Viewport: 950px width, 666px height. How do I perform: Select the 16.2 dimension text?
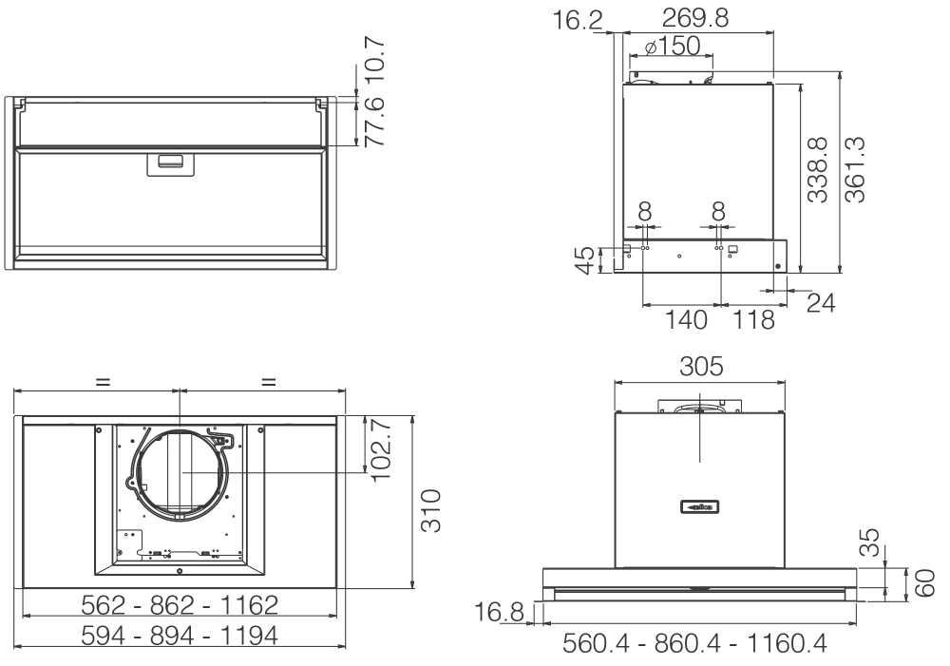(578, 21)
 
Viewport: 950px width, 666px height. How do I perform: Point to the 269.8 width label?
(695, 18)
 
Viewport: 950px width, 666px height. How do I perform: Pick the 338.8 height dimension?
(817, 169)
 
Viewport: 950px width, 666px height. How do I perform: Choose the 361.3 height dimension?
(856, 169)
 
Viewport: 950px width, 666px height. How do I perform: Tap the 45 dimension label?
(585, 260)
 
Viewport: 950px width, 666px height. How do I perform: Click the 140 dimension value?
(687, 319)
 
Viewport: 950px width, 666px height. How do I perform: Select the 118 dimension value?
(753, 319)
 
